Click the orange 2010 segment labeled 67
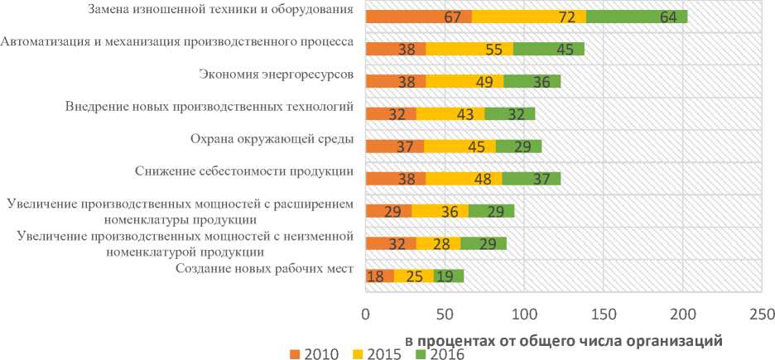(418, 17)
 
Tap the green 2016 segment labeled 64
(636, 17)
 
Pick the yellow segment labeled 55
(469, 49)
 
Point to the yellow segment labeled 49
(465, 81)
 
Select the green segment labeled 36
(532, 81)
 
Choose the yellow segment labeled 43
(450, 114)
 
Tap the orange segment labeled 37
(394, 146)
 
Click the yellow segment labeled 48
(464, 177)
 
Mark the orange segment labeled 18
(379, 276)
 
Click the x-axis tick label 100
(523, 314)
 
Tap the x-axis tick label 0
(365, 314)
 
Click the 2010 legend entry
(313, 353)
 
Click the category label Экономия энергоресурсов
(277, 74)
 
